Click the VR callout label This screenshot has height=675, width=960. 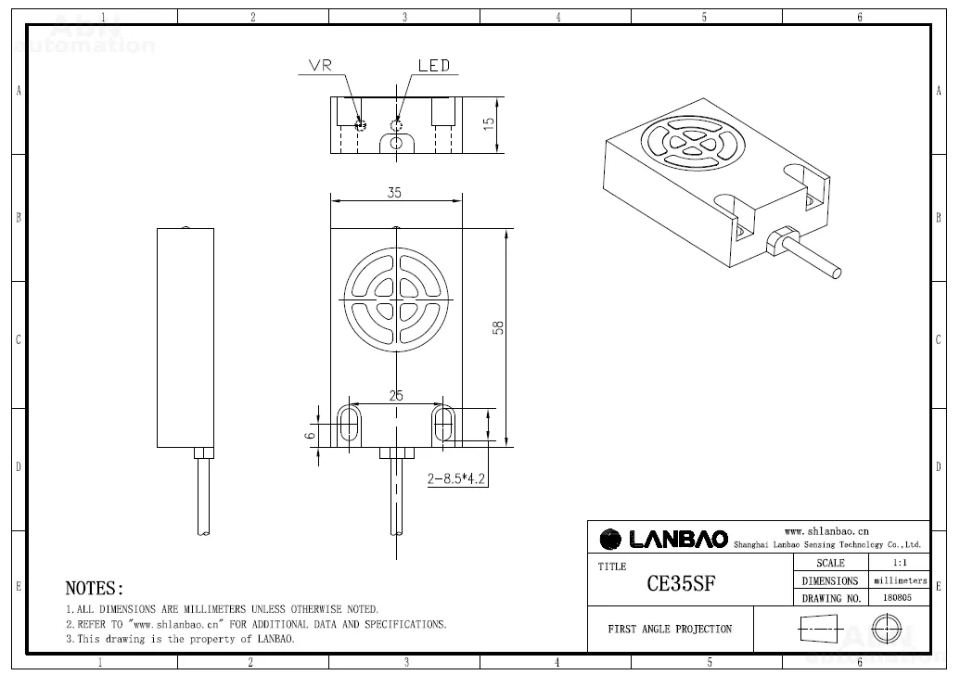pos(320,66)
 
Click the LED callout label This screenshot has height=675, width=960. pos(434,66)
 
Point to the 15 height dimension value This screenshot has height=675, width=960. pos(489,123)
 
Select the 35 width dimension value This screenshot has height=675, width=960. pos(394,192)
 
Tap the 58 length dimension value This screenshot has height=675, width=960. pos(498,327)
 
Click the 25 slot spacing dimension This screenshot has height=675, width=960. pos(396,395)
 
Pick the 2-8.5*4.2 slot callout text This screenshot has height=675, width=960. pos(456,478)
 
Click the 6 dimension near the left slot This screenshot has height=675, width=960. pos(311,435)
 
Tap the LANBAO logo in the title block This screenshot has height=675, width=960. pos(664,539)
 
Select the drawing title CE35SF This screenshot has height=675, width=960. pos(681,583)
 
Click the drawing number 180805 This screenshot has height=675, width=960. pos(897,597)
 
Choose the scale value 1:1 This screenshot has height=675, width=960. pos(900,563)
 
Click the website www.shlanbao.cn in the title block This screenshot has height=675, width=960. pos(826,531)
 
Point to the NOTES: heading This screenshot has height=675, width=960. pos(95,588)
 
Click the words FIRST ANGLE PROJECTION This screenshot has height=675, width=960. pos(670,629)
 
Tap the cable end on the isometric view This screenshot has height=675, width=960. pos(836,273)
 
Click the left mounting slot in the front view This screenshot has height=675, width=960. pos(349,424)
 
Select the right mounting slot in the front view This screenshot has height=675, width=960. pos(443,424)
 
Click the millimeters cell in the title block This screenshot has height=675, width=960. pos(900,580)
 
